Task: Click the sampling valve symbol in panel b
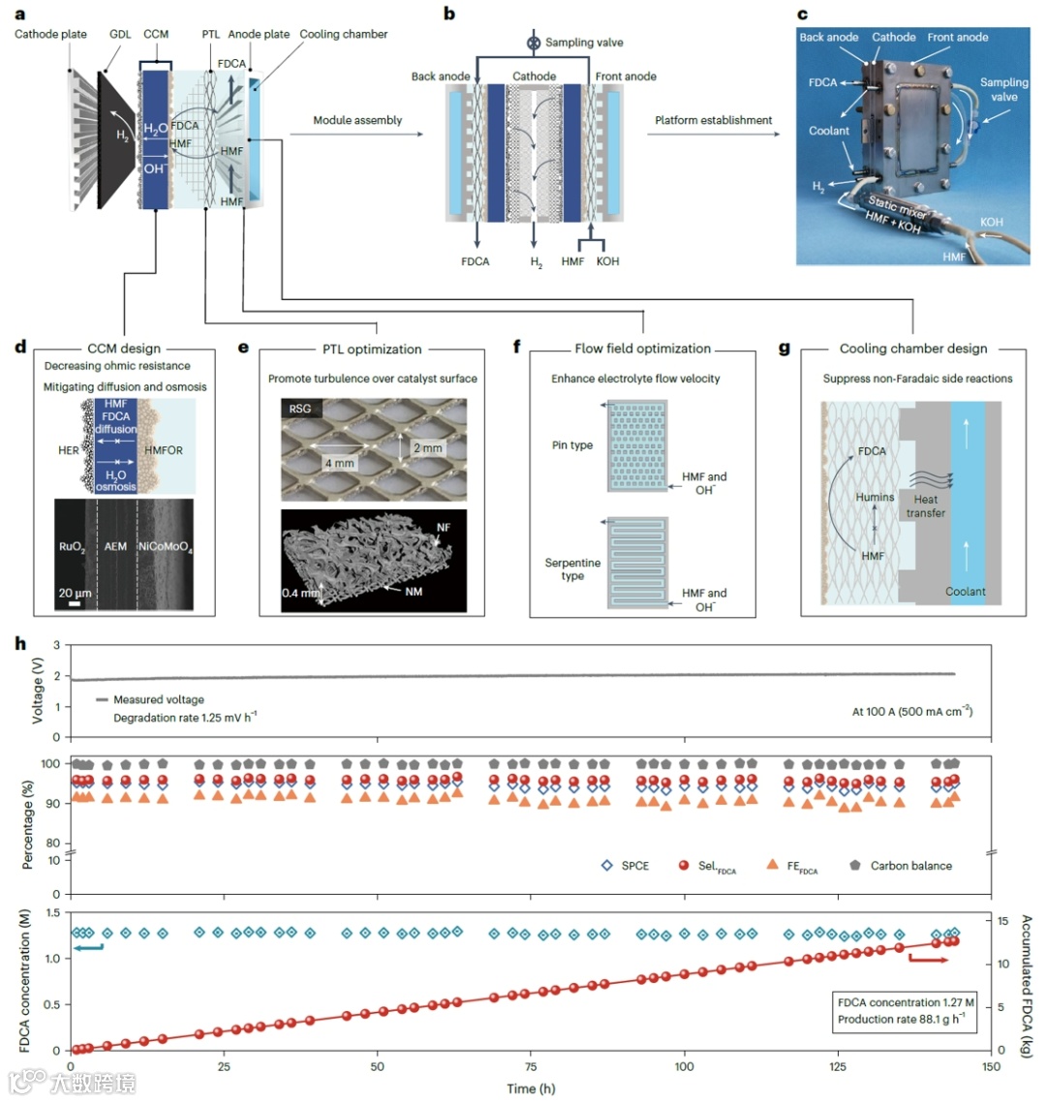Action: click(532, 43)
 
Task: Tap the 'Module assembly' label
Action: click(357, 120)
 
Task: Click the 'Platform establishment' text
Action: click(714, 120)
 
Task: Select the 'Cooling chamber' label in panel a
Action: click(343, 34)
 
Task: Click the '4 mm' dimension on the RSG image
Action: click(339, 463)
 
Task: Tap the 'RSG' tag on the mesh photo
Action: click(300, 409)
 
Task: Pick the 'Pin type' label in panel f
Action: click(572, 445)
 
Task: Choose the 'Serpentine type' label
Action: click(572, 569)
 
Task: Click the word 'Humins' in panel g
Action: click(875, 497)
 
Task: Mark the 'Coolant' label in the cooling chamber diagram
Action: click(966, 591)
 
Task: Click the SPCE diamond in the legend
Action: click(607, 866)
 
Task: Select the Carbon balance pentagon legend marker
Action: click(855, 865)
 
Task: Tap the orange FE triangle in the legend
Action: click(772, 864)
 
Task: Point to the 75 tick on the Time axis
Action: click(531, 1066)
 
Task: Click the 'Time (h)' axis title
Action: click(531, 1088)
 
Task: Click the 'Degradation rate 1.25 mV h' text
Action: click(184, 717)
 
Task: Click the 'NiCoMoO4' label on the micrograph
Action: click(166, 547)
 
